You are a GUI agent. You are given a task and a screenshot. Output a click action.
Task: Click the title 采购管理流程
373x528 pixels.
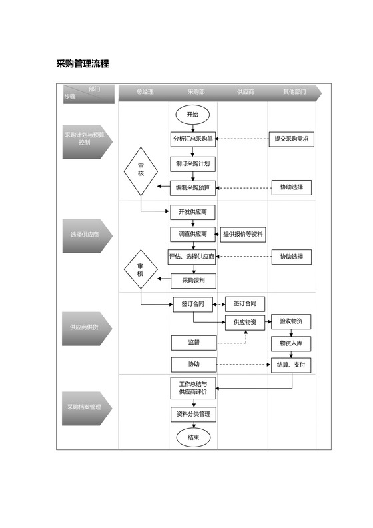tap(83, 64)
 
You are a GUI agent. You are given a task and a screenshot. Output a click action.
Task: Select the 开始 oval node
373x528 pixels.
tap(192, 115)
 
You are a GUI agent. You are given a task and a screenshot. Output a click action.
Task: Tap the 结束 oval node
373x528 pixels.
tap(193, 438)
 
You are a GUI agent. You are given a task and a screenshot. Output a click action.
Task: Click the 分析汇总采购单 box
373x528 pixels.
tap(192, 139)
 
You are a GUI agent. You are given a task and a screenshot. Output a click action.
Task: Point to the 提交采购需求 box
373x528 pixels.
tap(291, 139)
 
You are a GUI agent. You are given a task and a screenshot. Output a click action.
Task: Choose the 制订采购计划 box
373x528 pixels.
tap(192, 163)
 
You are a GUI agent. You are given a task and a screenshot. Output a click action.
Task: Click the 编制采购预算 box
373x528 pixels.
tap(192, 188)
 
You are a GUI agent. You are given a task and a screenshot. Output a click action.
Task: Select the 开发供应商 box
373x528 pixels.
tap(192, 212)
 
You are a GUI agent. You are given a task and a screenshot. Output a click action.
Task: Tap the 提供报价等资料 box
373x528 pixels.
tap(243, 234)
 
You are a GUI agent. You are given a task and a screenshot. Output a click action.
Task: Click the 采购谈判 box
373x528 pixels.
tap(192, 281)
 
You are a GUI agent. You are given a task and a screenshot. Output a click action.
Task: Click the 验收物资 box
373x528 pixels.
tap(291, 321)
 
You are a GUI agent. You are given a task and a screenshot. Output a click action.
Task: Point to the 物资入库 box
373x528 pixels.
tap(291, 343)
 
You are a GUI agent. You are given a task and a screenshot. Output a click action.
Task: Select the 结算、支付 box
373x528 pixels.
tap(291, 365)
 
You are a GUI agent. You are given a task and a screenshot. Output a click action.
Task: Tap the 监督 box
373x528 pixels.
tap(193, 343)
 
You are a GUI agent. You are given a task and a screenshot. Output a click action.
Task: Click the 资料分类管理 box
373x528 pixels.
tap(192, 414)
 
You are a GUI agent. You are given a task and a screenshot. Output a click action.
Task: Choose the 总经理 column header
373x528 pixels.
tap(145, 92)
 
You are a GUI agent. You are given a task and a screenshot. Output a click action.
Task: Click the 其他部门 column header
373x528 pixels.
tap(294, 92)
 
